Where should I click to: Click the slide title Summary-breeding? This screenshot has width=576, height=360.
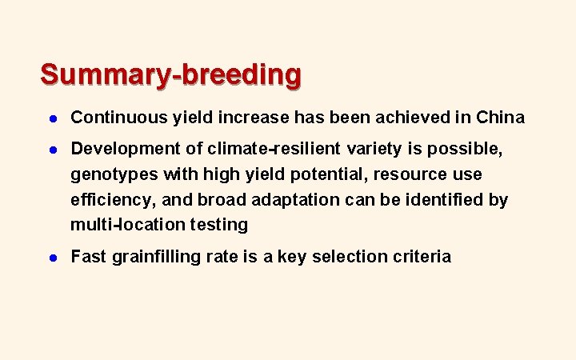pos(171,74)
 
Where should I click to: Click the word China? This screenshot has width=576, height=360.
pos(500,118)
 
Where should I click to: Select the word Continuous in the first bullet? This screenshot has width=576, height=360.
pos(118,118)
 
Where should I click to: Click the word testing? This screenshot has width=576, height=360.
pos(218,225)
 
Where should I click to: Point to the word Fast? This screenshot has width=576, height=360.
pos(86,258)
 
